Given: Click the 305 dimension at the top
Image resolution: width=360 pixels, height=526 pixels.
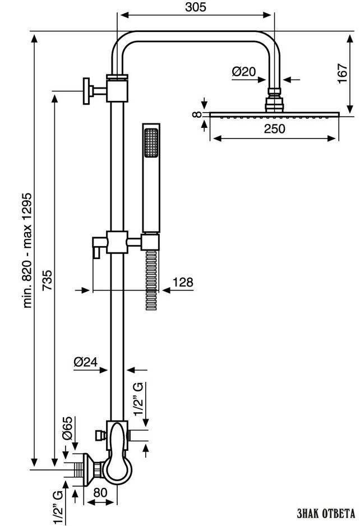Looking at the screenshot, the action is pos(196,7).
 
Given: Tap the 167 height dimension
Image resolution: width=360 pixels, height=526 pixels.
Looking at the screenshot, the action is pos(343,73).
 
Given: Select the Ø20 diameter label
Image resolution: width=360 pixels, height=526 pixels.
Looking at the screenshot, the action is pos(244,71).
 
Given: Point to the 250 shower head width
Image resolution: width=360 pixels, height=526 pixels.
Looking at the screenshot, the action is pos(274,128).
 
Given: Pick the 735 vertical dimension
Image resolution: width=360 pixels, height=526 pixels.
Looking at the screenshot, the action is pos(47,280).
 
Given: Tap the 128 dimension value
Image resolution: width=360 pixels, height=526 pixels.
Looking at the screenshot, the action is pos(183,282).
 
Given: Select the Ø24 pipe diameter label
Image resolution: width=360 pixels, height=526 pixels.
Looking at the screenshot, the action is pos(86,362).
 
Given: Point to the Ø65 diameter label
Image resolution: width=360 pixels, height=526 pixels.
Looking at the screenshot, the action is pos(67,428).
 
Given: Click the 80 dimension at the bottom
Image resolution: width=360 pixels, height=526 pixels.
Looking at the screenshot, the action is pos(100,492).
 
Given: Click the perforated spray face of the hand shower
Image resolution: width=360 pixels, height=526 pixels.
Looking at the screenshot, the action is pos(151,142).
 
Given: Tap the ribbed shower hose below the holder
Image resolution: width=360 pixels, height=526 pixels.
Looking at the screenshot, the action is pos(151,280).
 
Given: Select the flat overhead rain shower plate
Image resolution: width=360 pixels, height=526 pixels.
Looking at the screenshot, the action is pos(274,115).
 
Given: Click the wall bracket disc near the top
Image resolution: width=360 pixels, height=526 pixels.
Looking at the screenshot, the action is pos(87,91).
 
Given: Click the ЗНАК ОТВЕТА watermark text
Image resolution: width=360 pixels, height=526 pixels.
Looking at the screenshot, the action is pos(326,513).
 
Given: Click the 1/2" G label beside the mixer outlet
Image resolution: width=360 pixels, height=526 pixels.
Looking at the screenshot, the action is pos(139,399).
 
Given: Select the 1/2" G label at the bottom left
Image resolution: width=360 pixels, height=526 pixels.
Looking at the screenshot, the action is pos(58,507).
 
